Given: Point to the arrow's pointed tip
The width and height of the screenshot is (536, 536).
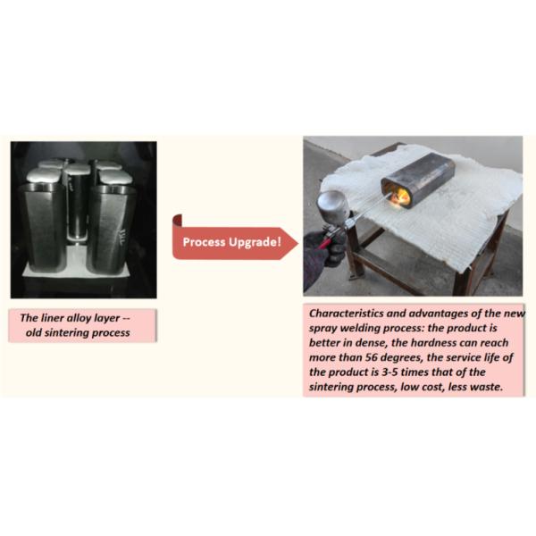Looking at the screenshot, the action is point(298,243).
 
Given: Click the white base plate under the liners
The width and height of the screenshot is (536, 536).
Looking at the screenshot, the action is point(78,264).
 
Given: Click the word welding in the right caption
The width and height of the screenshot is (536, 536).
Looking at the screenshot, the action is point(360,329).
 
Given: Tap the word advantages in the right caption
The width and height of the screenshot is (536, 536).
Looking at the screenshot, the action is point(439,314).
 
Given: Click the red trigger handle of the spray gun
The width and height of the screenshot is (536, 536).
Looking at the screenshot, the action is point(326,242).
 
